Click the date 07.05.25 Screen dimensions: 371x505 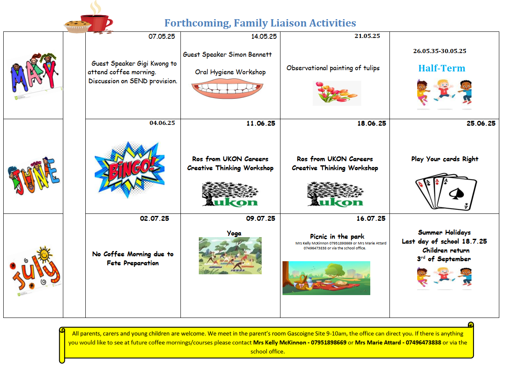[161, 36]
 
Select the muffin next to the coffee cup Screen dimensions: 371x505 [77, 27]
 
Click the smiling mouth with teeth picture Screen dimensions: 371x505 [230, 88]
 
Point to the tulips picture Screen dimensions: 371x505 [337, 93]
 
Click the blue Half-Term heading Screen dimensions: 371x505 [442, 68]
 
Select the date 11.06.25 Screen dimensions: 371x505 [260, 124]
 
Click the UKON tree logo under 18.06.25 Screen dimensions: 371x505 [335, 194]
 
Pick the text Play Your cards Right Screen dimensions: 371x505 [445, 159]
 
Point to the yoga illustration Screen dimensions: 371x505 [230, 256]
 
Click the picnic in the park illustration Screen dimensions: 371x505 [326, 278]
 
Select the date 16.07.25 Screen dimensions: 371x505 [371, 218]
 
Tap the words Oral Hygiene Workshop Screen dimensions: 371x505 [230, 72]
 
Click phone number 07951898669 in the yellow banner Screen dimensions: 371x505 [329, 342]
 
